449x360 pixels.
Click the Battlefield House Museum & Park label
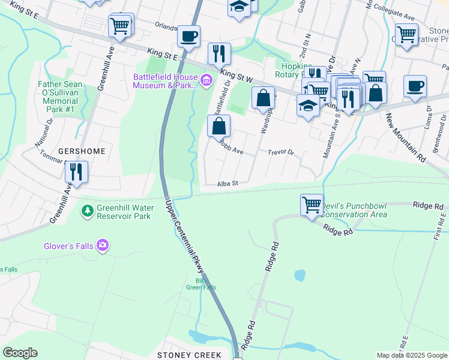[x=165, y=81]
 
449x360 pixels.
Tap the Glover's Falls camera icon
[x=103, y=245]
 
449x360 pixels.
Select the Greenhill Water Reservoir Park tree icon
[x=88, y=211]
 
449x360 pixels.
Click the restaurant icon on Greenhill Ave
[x=77, y=172]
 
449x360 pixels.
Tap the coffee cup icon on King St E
[x=188, y=37]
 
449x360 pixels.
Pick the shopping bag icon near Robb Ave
[x=219, y=127]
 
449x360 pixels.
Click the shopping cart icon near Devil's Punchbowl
[x=312, y=205]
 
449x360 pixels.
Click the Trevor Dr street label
[x=280, y=152]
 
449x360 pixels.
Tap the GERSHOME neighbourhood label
[x=81, y=151]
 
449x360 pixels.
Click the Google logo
[x=20, y=353]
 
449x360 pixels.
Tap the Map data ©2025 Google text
[x=411, y=355]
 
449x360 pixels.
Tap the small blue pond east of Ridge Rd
[x=299, y=275]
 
